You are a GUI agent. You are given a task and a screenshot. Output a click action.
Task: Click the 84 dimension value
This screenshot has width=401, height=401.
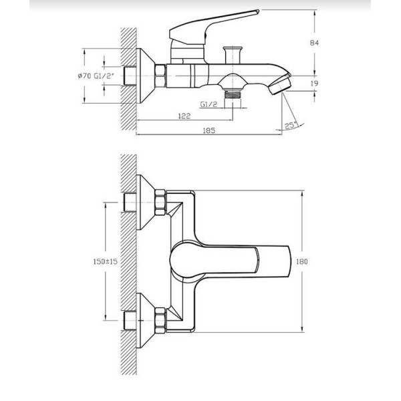pyautogui.click(x=314, y=43)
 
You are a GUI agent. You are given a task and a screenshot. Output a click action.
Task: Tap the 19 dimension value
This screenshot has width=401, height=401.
pyautogui.click(x=314, y=84)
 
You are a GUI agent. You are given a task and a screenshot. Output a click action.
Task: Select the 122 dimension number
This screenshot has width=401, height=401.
pyautogui.click(x=184, y=116)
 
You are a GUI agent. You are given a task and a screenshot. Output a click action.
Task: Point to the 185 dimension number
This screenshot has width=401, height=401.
pyautogui.click(x=209, y=130)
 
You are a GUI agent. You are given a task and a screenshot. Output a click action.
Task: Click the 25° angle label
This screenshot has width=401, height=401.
pyautogui.click(x=291, y=126)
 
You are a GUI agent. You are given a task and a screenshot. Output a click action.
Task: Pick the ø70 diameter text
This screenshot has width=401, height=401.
pyautogui.click(x=84, y=76)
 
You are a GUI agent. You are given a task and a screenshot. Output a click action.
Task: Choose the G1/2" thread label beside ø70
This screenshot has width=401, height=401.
pyautogui.click(x=104, y=76)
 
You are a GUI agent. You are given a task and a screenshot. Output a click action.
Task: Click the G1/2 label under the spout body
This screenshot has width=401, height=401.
pyautogui.click(x=209, y=104)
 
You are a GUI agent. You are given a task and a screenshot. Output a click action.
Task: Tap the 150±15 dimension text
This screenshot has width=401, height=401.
pyautogui.click(x=106, y=261)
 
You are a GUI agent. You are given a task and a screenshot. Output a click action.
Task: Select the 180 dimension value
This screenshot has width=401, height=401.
pyautogui.click(x=302, y=261)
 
